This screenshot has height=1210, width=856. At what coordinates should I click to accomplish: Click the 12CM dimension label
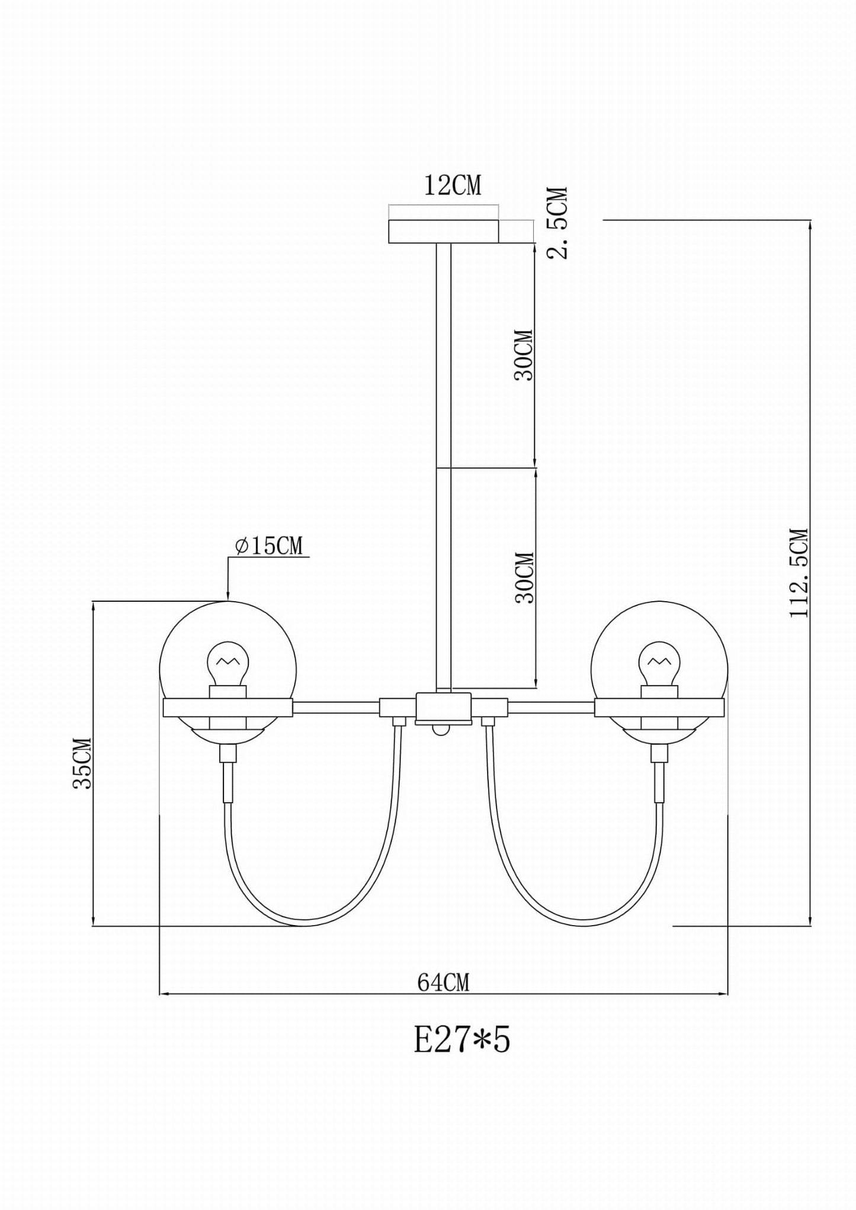453,185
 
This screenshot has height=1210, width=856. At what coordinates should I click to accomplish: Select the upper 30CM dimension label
524,355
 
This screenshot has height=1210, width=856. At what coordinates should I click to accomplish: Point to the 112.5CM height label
799,573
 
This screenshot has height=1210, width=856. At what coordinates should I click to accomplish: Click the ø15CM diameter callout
268,546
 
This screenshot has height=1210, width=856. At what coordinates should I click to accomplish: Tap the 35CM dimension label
82,763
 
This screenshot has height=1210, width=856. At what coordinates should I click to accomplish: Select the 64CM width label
444,983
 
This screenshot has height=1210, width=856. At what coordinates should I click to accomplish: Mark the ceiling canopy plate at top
443,232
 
